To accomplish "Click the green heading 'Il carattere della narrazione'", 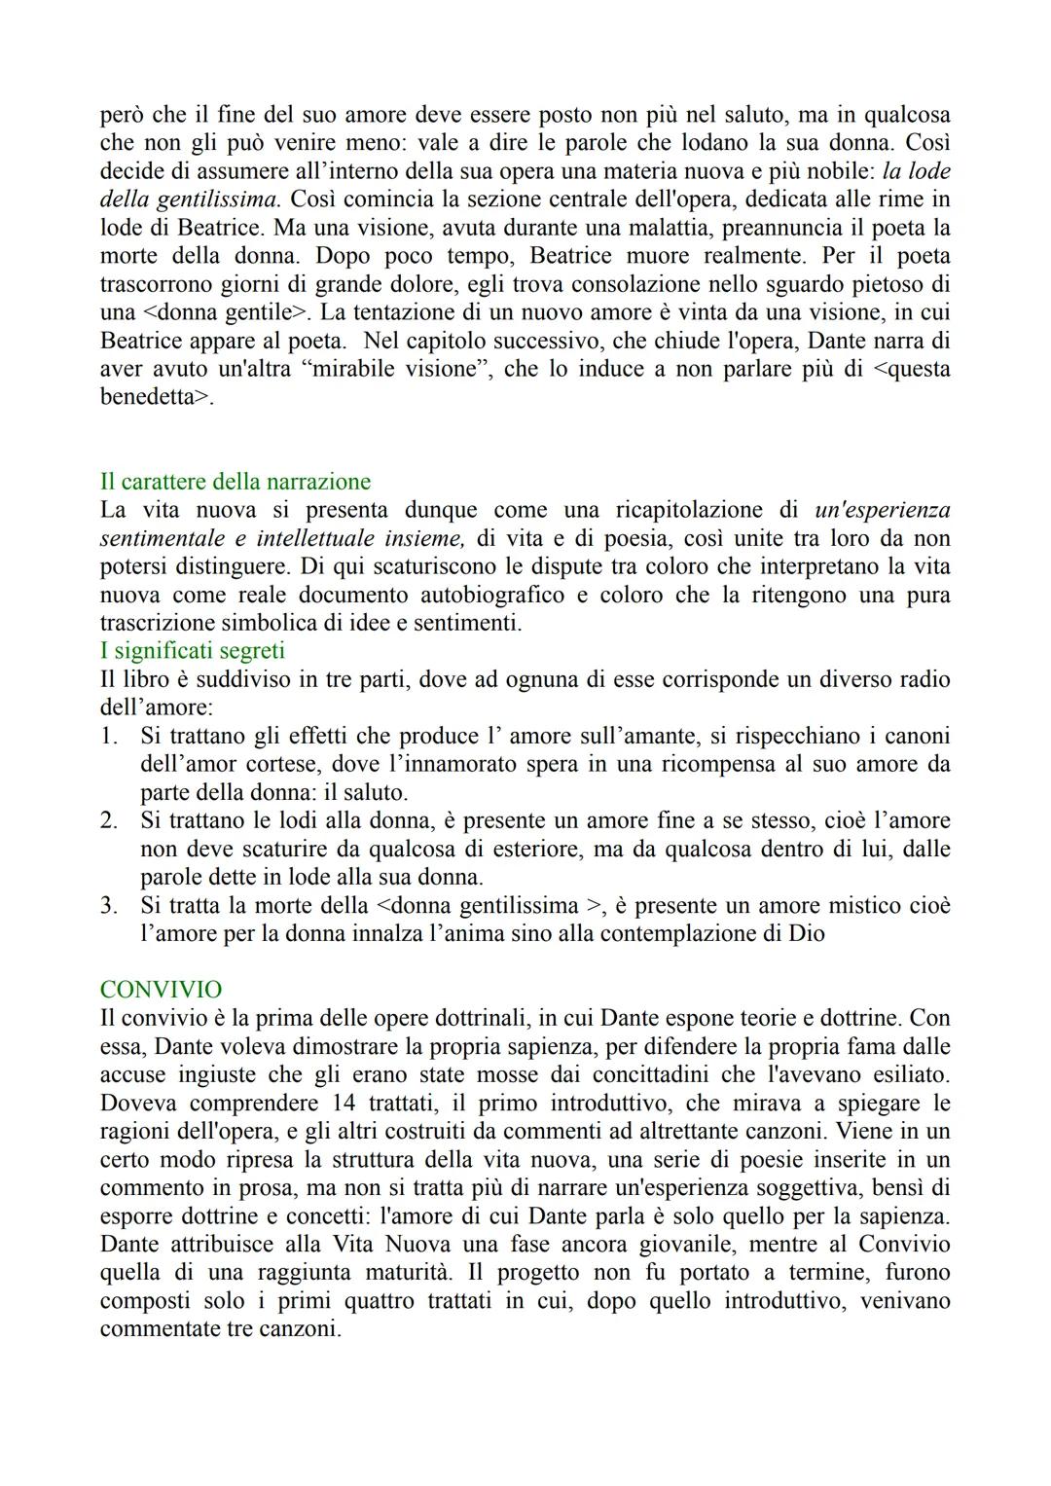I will click(235, 482).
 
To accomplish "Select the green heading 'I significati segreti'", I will click(192, 650).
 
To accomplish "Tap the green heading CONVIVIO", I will click(161, 990).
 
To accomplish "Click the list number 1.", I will click(109, 736).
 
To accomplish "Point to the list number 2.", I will click(109, 820).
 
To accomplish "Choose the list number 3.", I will click(109, 905).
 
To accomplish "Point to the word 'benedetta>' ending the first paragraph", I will click(156, 398).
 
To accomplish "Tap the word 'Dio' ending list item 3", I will click(807, 933).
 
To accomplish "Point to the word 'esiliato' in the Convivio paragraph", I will click(907, 1074).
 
